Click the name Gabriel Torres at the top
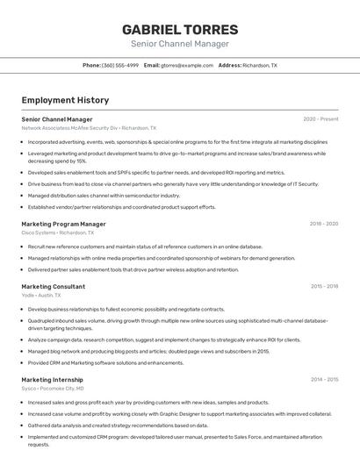(x=179, y=29)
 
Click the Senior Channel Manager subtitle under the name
(x=179, y=44)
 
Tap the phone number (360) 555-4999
(x=120, y=66)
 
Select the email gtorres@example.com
(x=187, y=66)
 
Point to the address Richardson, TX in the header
(x=259, y=66)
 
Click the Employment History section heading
(x=64, y=100)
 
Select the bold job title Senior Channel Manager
(x=56, y=118)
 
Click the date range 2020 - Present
(x=320, y=118)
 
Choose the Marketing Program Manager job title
(x=63, y=224)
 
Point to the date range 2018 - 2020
(x=323, y=224)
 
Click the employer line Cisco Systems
(x=58, y=233)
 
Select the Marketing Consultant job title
(x=53, y=286)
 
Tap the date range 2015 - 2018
(x=324, y=286)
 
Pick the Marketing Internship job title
(x=52, y=380)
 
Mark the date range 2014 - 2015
(x=324, y=380)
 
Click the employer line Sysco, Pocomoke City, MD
(x=53, y=389)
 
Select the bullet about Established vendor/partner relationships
(x=121, y=207)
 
